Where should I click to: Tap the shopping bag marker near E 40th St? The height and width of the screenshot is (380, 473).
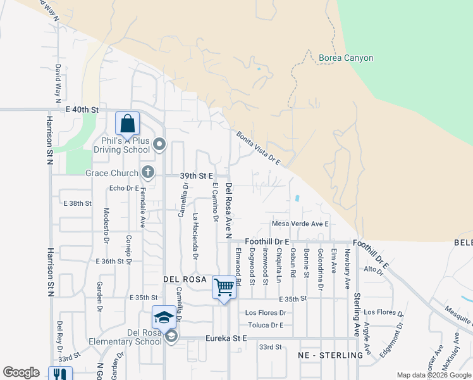[x=127, y=123]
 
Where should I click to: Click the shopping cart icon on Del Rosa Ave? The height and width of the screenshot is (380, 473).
[x=224, y=288]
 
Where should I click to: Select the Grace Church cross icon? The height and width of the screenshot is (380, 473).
[x=147, y=172]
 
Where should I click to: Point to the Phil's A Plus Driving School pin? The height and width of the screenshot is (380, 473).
[x=159, y=145]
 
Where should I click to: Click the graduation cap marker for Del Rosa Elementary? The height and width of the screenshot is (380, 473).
[x=164, y=317]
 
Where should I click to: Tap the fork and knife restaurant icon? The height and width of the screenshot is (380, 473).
[x=60, y=375]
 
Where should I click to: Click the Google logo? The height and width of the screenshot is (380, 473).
[x=21, y=372]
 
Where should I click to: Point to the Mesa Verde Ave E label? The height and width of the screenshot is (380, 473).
[x=300, y=224]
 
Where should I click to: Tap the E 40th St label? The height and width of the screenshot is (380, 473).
[x=83, y=110]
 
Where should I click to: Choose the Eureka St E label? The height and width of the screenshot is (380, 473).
[x=226, y=339]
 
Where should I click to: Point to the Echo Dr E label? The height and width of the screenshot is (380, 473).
[x=124, y=188]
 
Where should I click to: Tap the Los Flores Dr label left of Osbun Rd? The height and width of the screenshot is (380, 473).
[x=266, y=313]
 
